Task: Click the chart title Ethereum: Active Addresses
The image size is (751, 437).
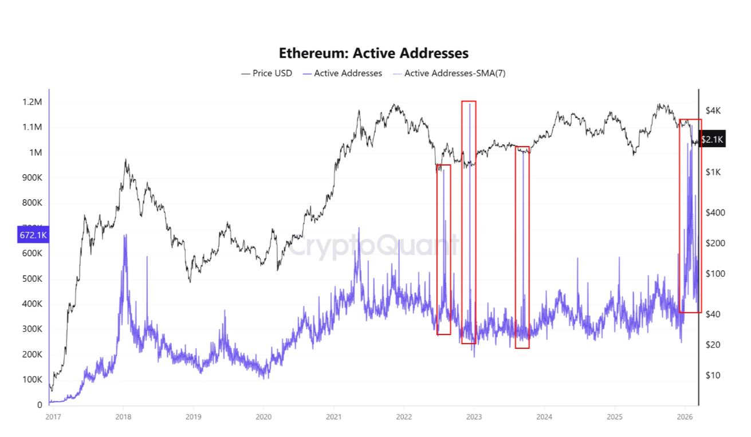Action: pyautogui.click(x=373, y=53)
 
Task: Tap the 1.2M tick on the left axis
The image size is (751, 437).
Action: pyautogui.click(x=32, y=102)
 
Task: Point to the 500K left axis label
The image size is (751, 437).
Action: pyautogui.click(x=32, y=279)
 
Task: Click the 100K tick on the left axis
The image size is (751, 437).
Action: pyautogui.click(x=32, y=380)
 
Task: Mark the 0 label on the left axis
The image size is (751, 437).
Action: pyautogui.click(x=40, y=405)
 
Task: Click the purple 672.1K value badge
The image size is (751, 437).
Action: pyautogui.click(x=33, y=235)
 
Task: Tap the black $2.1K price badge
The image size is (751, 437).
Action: pyautogui.click(x=713, y=139)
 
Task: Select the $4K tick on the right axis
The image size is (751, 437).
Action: pyautogui.click(x=713, y=110)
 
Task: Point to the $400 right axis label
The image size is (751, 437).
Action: pyautogui.click(x=714, y=212)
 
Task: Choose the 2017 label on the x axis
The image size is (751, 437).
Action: pyautogui.click(x=52, y=416)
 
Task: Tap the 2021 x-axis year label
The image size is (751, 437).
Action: pyautogui.click(x=333, y=416)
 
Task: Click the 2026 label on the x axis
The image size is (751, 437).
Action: pyautogui.click(x=685, y=416)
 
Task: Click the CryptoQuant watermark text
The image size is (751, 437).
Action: pyautogui.click(x=373, y=247)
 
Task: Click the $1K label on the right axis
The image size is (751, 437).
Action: pyautogui.click(x=712, y=172)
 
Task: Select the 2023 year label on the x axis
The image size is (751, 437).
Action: pyautogui.click(x=474, y=416)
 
